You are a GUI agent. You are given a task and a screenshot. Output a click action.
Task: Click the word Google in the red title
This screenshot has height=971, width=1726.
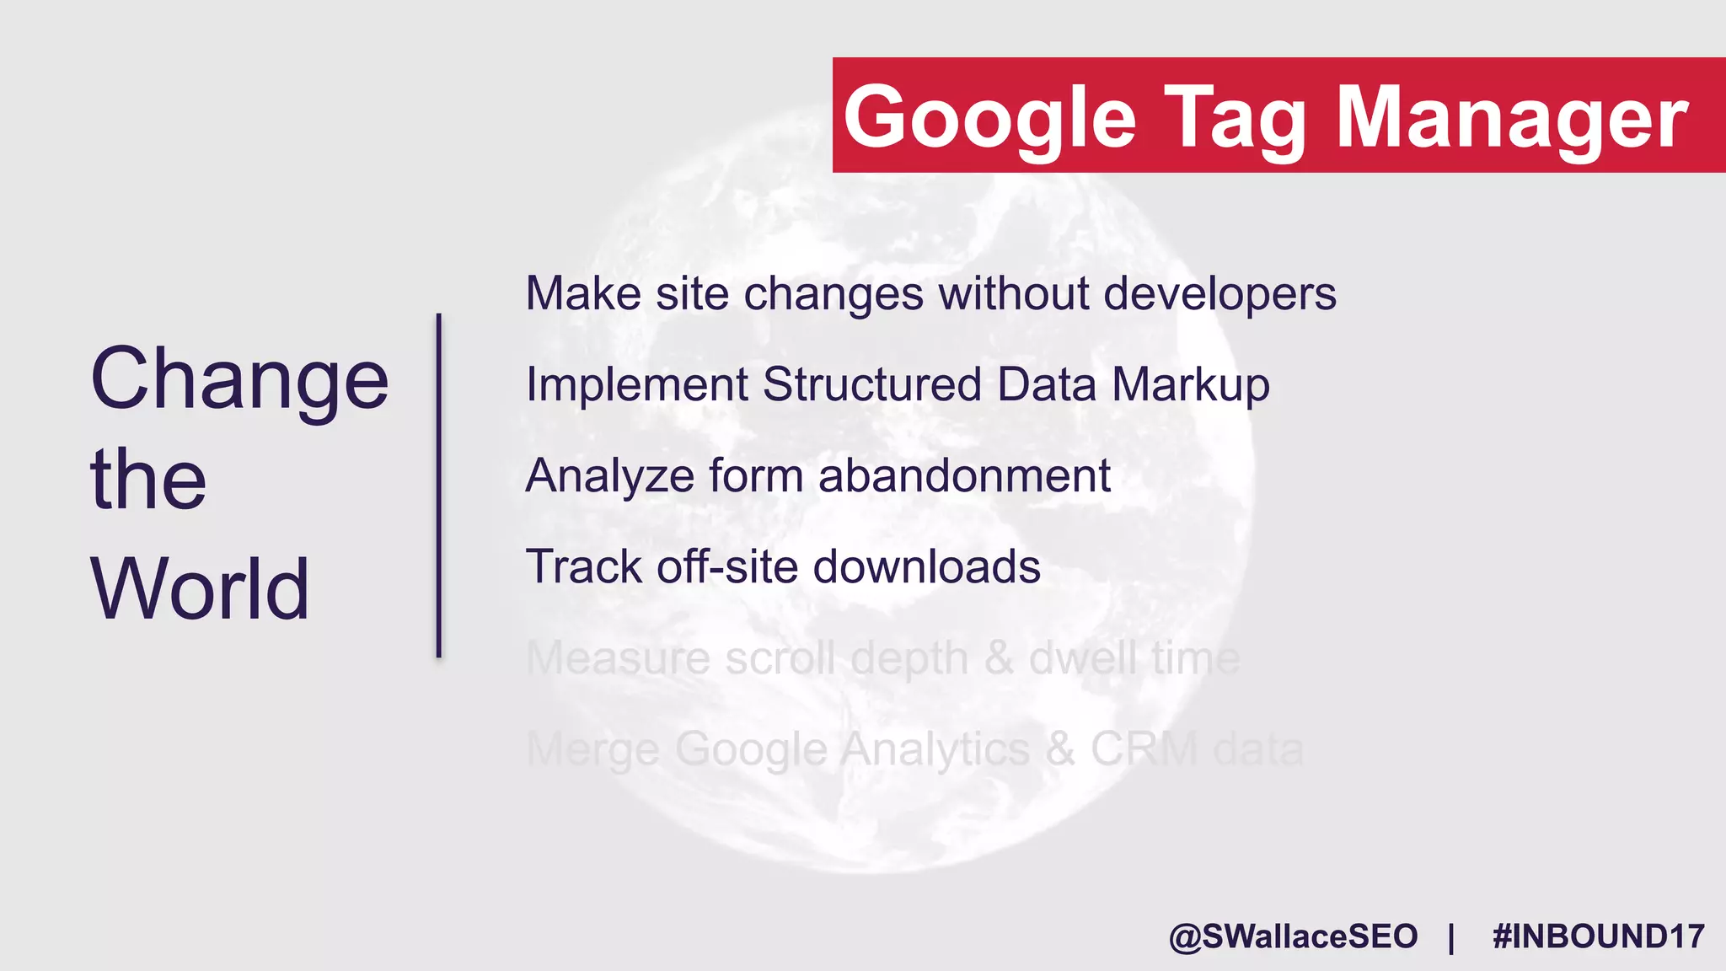pos(989,118)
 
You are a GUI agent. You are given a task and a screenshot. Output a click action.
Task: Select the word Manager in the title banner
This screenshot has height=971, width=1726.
pos(1513,118)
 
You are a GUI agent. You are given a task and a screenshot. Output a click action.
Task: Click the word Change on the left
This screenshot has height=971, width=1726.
pos(239,379)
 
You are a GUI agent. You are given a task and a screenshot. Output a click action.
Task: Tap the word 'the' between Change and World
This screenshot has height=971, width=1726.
pos(148,480)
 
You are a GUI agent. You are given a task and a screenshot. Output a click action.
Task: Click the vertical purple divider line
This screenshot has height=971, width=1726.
pos(438,485)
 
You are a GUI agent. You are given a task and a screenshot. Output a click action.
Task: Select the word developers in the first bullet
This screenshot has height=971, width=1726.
pos(1219,294)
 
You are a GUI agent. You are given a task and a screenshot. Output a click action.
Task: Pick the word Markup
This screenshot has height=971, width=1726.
pos(1190,385)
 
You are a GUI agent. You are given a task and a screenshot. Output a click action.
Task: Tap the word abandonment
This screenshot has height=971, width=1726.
pos(964,476)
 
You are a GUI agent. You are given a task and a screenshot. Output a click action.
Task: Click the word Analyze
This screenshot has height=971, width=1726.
pos(609,476)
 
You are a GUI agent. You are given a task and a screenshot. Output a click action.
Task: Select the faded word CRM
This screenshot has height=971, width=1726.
pos(1144,748)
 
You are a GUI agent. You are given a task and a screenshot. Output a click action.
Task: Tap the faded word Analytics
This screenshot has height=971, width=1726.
pos(935,750)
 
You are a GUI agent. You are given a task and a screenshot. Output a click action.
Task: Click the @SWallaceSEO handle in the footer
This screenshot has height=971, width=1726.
pos(1293,937)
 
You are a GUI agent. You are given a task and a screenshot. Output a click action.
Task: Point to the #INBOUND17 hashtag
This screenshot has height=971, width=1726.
pos(1598,937)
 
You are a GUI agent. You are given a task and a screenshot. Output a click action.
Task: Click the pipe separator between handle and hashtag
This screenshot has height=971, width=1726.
pos(1451,937)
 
